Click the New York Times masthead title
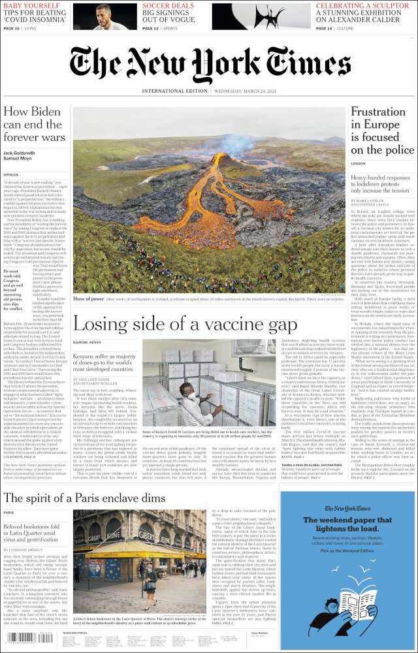click(209, 65)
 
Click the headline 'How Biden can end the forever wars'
click(35, 124)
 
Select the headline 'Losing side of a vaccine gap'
click(185, 324)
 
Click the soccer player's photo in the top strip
click(104, 16)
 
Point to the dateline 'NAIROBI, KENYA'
click(86, 342)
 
